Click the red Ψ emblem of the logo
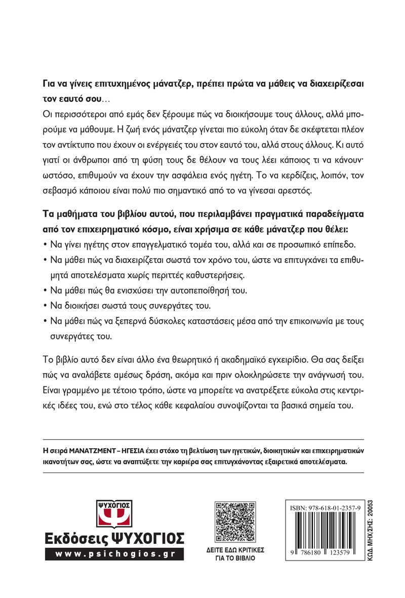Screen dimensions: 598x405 pos(113,515)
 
